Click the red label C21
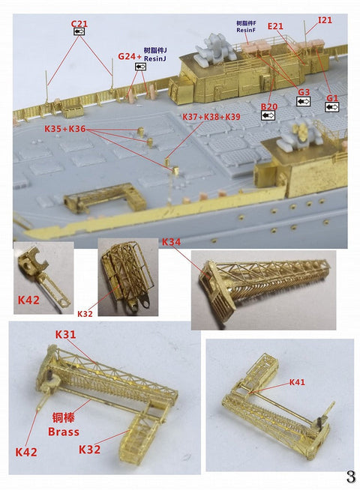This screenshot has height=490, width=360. point(79,24)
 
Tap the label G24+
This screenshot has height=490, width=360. point(130,56)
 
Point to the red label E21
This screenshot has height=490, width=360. point(276,26)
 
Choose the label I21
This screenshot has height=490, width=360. point(325,19)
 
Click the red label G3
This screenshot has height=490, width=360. point(303,93)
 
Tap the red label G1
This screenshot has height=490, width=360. point(332,97)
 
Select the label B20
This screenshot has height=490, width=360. point(269,107)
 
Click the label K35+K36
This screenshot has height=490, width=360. point(65,129)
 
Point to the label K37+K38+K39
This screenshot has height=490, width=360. point(211,117)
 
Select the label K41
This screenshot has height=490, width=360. point(298,382)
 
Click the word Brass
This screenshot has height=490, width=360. point(63,432)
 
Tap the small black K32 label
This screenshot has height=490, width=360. point(85,312)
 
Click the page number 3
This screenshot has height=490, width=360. point(349,477)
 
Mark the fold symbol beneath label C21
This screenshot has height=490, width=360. point(79,33)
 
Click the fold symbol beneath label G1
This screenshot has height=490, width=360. point(332,107)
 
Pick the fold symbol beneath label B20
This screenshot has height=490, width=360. point(268,116)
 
